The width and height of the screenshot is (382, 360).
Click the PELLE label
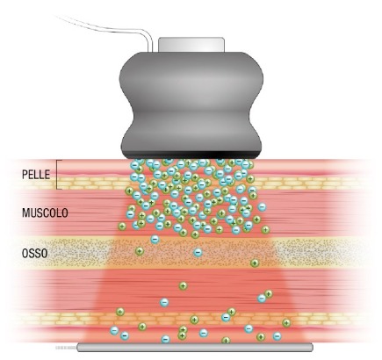(36, 175)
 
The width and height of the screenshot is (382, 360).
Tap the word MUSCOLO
(45, 212)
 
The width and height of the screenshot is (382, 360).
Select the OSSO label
(34, 254)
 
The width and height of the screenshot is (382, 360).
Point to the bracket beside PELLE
(59, 175)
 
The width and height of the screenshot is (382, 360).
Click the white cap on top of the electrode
(191, 45)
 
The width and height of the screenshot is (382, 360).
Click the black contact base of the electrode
(191, 155)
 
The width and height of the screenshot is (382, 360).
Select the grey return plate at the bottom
(195, 348)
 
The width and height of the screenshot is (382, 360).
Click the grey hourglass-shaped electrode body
(191, 103)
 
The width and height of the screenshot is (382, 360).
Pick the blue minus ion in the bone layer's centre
(198, 252)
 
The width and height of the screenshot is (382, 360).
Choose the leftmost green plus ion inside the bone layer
(140, 251)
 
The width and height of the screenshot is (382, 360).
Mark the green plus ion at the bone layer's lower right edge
(255, 263)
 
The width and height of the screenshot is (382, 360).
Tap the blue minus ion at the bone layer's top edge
(155, 240)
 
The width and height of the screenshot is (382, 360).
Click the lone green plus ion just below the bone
(184, 285)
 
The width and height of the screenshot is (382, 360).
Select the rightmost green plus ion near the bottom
(286, 323)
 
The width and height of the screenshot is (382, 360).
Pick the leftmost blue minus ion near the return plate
(114, 331)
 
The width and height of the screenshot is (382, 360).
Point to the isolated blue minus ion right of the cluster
(262, 207)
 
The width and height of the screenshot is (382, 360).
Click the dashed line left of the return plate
(66, 348)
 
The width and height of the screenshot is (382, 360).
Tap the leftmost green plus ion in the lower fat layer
(120, 312)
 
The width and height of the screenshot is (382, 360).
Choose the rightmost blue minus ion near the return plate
(277, 336)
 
